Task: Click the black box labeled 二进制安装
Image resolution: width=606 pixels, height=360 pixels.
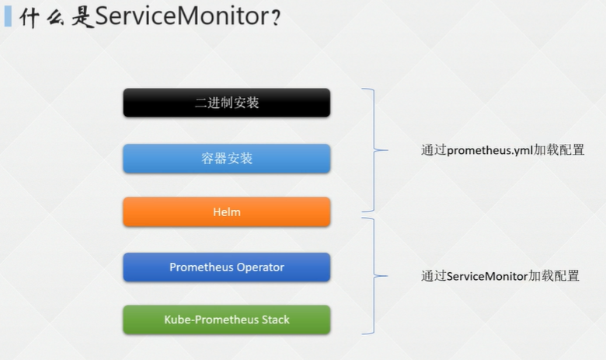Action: [226, 103]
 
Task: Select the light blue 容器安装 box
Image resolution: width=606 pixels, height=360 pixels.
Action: [226, 159]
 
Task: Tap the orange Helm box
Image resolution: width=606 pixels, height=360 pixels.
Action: [226, 211]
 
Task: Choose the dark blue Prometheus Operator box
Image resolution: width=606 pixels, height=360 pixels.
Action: [226, 267]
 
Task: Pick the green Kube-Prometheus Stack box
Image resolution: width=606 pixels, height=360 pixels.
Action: [226, 320]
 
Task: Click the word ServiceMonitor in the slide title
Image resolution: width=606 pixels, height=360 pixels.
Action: [182, 18]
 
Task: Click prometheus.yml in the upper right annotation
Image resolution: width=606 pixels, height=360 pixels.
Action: [489, 151]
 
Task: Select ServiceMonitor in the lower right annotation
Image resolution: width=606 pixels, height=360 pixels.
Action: [487, 276]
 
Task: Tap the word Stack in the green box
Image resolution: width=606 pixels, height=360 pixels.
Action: [274, 320]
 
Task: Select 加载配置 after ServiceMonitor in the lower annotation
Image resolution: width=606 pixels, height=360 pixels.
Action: [555, 276]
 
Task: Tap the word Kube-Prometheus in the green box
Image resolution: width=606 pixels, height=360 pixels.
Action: [210, 320]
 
